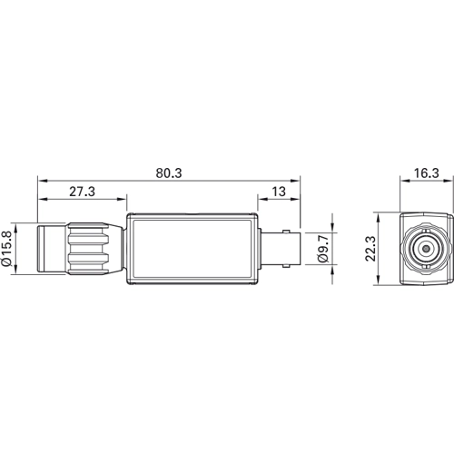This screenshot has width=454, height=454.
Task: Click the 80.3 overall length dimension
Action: tap(169, 173)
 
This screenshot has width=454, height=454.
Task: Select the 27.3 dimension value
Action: tap(82, 192)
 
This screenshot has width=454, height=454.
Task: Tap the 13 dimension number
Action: tap(279, 192)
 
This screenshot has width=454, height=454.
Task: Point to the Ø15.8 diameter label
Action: tap(6, 249)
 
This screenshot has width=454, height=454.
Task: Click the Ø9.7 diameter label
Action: tap(323, 249)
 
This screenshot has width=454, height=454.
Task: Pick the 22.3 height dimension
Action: tap(370, 249)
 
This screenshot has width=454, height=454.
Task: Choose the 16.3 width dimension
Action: tap(426, 173)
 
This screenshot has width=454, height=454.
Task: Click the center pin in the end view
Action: tap(427, 249)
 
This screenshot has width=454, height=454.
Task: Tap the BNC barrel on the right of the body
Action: tap(281, 249)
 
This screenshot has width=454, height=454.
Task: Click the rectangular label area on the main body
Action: tap(192, 249)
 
